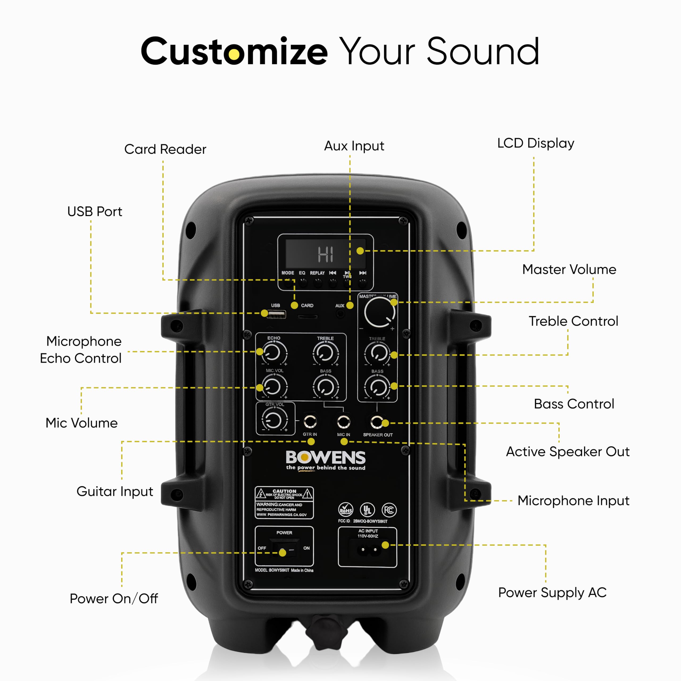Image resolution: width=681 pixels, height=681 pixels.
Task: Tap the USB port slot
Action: [x=276, y=314]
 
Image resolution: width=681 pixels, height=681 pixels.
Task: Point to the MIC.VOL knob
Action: [x=274, y=386]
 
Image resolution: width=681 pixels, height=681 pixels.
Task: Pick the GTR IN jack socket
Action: [x=310, y=421]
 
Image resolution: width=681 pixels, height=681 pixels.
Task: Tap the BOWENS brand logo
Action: [x=325, y=458]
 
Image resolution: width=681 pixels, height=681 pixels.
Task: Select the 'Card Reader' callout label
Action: [x=165, y=149]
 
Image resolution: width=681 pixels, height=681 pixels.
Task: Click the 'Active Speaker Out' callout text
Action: [x=567, y=451]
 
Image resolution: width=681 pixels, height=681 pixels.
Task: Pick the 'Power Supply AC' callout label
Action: [x=552, y=592]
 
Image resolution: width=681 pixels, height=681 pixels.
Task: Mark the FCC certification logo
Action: [x=389, y=510]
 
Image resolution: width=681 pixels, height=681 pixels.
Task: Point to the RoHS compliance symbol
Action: [x=346, y=510]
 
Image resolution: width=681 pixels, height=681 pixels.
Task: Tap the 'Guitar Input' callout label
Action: [x=115, y=491]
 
